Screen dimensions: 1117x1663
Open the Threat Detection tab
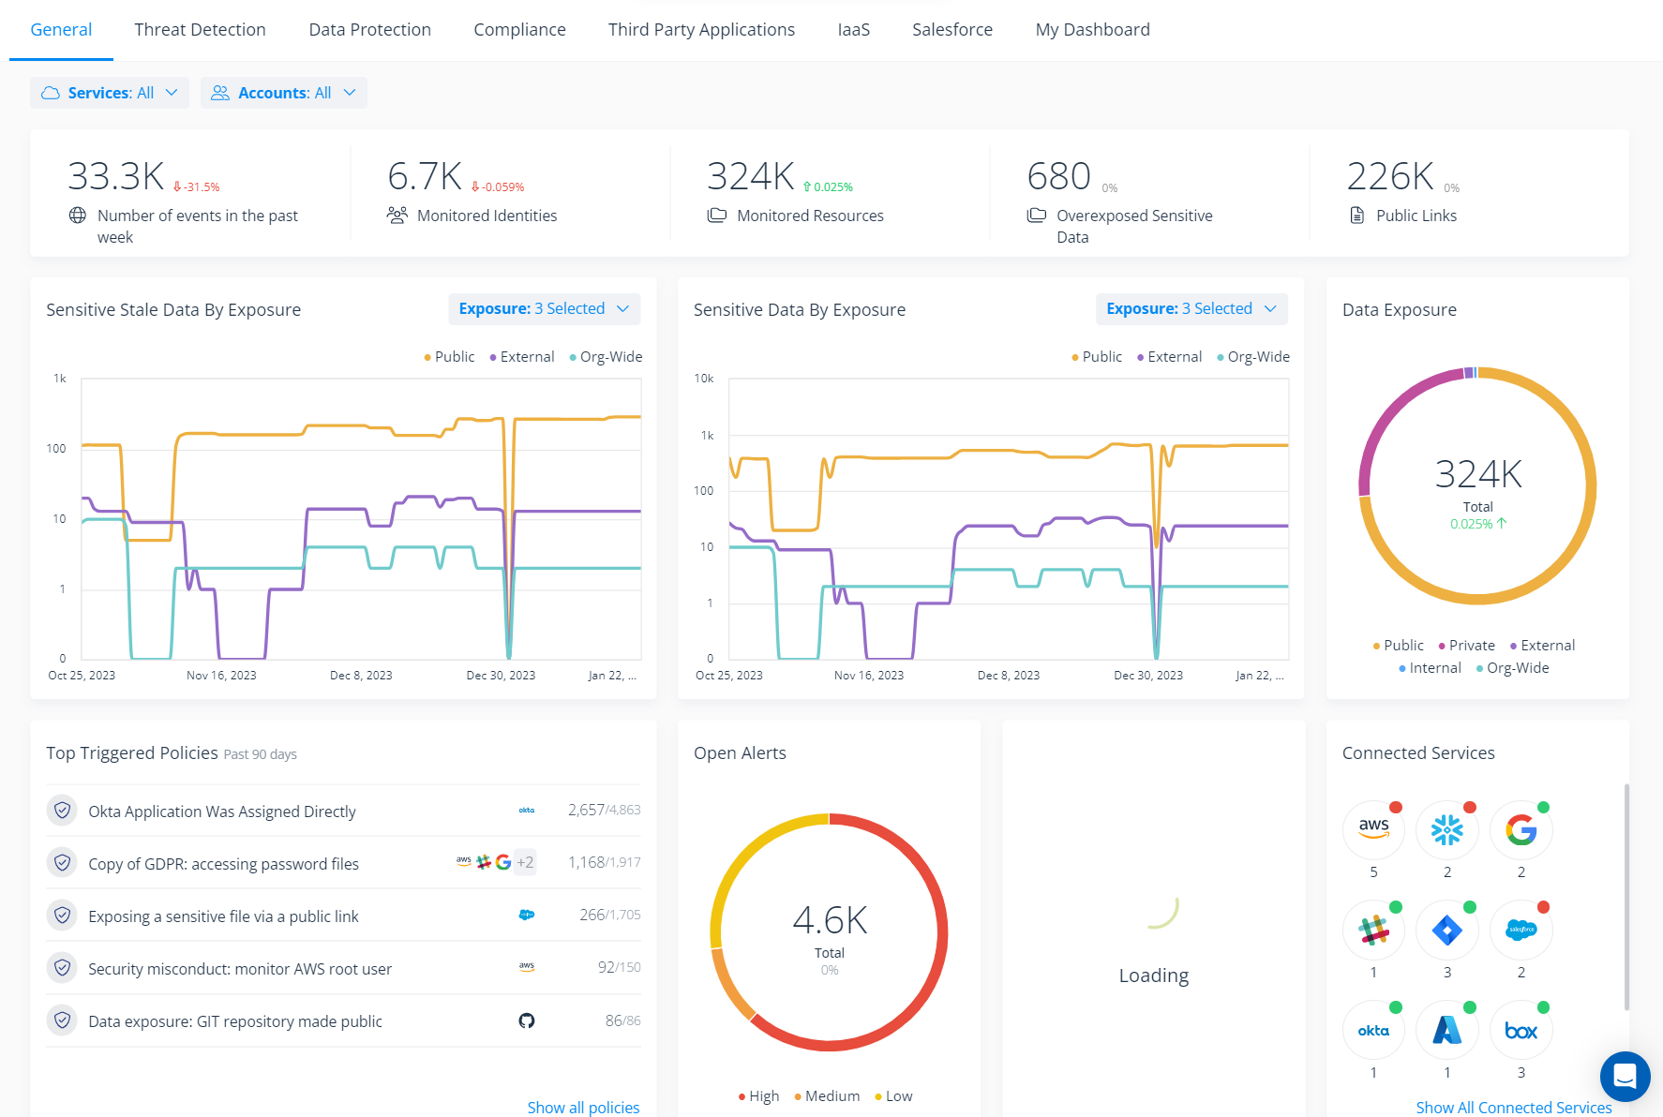(x=200, y=30)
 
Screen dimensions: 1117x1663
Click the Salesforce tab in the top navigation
(x=951, y=30)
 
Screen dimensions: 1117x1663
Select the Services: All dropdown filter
(x=110, y=93)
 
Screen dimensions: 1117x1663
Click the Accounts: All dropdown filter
(x=283, y=93)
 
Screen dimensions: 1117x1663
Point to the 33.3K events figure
(x=116, y=176)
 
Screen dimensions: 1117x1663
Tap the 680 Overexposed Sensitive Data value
(x=1058, y=176)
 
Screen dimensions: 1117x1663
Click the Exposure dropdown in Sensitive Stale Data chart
(x=544, y=309)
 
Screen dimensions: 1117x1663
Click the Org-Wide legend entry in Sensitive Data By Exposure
(x=1257, y=357)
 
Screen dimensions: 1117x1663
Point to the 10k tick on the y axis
(x=704, y=379)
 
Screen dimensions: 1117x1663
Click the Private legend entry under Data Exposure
(x=1470, y=646)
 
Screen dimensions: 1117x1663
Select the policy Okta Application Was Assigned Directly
(x=222, y=812)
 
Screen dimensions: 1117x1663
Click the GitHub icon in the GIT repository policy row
(x=527, y=1020)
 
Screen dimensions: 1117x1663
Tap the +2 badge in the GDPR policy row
(x=525, y=862)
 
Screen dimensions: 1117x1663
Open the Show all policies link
(x=583, y=1108)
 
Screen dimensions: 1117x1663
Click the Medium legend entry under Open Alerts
(x=831, y=1096)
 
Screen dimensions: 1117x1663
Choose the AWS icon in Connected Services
(x=1373, y=829)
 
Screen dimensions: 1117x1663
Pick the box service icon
(x=1521, y=1030)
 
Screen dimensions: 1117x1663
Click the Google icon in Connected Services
(x=1521, y=829)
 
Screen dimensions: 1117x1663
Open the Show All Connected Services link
(x=1513, y=1108)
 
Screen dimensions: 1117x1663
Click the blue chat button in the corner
(x=1625, y=1076)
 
